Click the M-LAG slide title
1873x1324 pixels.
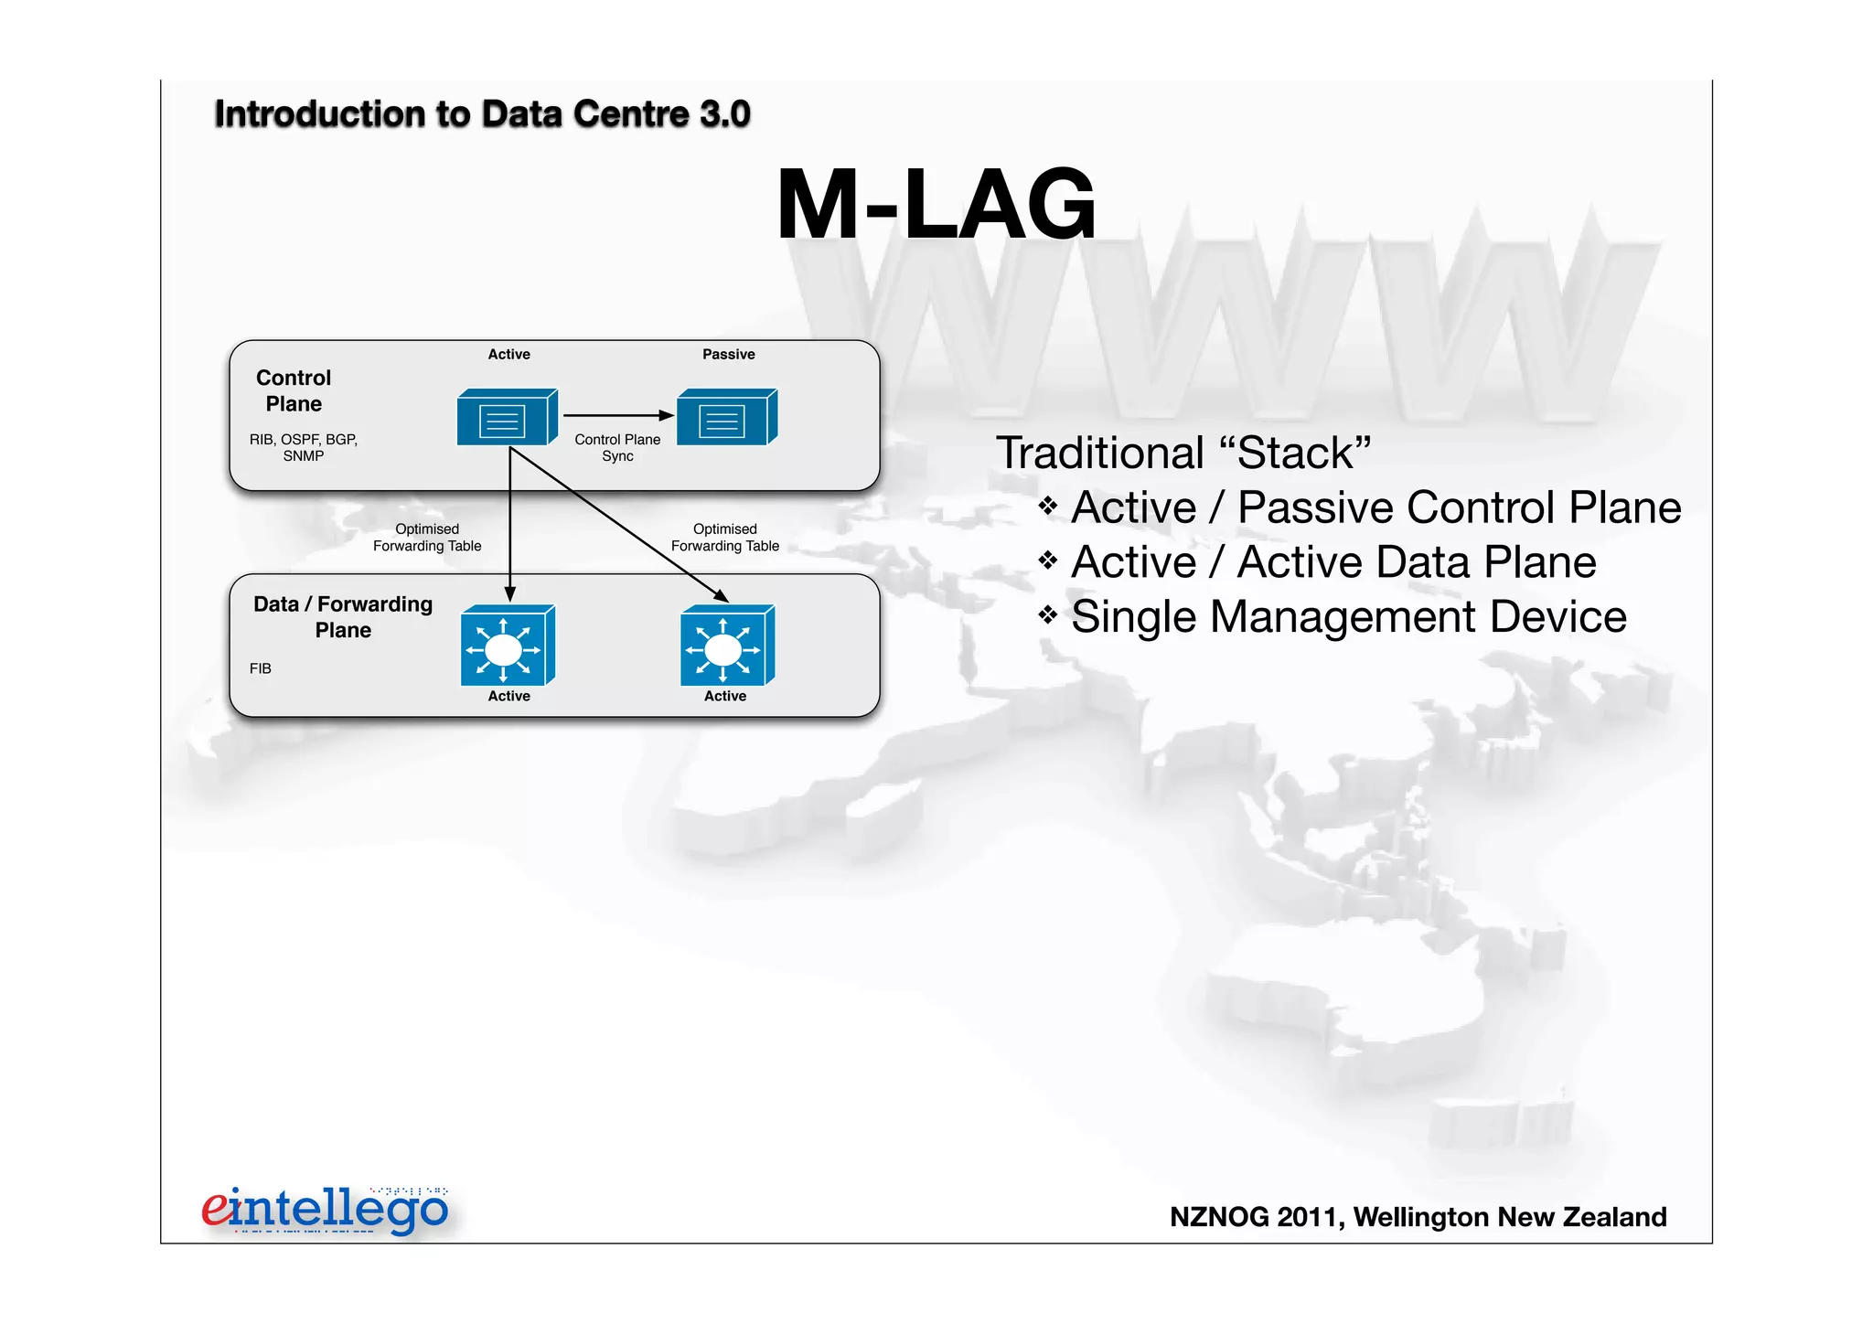935,205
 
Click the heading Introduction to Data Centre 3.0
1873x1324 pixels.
482,114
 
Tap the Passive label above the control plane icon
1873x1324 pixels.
728,354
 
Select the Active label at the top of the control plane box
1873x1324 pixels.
508,354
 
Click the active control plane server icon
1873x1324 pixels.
506,418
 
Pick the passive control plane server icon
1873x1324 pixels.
726,418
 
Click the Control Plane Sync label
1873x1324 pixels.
617,447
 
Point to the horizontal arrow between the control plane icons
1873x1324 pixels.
617,415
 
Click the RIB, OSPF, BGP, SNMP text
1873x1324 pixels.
304,447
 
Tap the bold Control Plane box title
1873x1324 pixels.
294,390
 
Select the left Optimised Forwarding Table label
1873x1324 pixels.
427,537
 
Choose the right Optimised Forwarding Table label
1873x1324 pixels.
724,537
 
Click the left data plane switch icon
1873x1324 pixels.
507,646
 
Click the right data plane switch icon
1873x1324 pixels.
726,646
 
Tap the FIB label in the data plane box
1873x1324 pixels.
261,668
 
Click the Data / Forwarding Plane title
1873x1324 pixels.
343,616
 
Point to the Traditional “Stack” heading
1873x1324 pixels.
1183,453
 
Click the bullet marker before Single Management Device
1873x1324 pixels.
1048,615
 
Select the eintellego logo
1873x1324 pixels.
326,1210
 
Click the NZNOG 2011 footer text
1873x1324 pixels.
1418,1217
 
